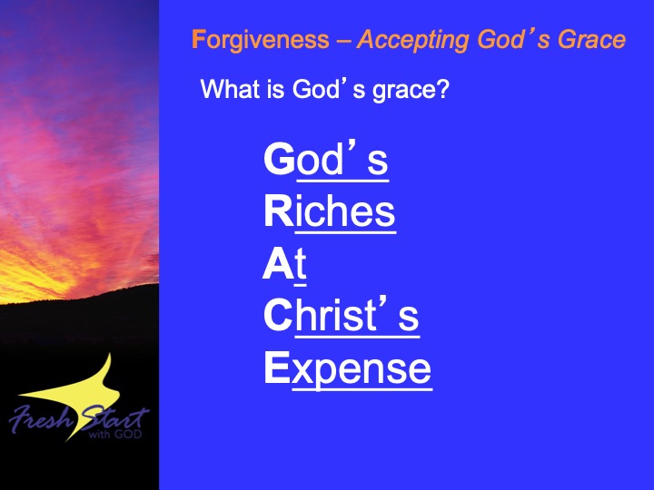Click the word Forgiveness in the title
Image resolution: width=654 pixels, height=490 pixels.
(x=261, y=41)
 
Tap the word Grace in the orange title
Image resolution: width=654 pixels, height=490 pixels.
(x=591, y=40)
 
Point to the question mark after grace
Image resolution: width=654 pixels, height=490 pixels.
(x=441, y=89)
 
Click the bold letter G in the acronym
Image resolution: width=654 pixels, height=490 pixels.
(x=280, y=159)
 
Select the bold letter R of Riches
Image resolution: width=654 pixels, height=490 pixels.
(x=279, y=211)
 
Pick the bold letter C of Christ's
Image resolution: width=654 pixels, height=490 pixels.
(x=278, y=316)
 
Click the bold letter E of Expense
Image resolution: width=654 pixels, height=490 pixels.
(x=277, y=367)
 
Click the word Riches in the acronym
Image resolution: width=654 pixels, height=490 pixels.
(x=330, y=211)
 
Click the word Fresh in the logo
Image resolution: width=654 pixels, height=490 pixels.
(x=41, y=418)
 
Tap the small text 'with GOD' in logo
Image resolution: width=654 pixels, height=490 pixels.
(x=115, y=434)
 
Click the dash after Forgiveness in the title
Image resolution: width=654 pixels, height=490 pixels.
(x=342, y=42)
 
